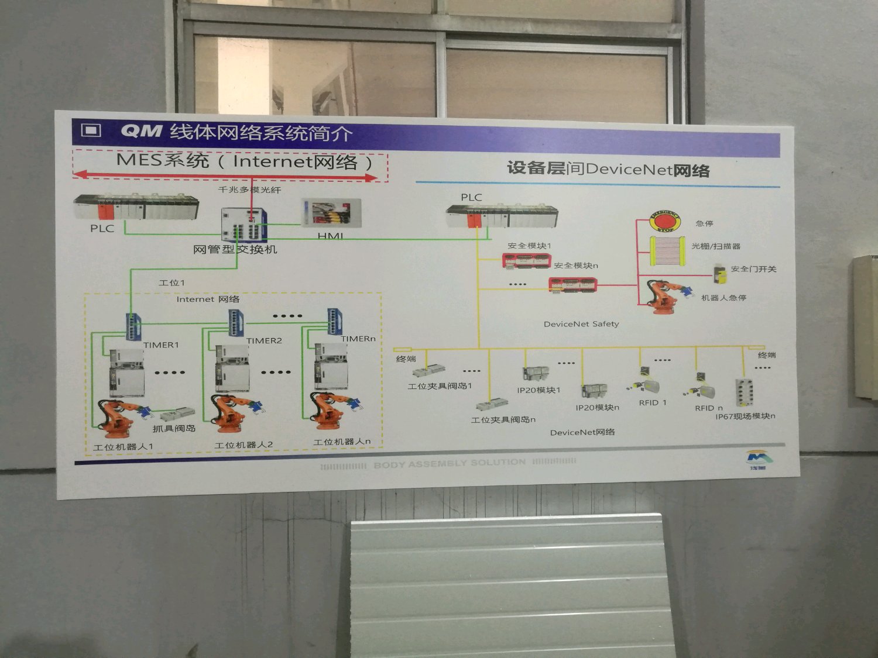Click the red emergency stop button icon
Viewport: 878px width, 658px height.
point(665,221)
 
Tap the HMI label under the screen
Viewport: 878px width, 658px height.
point(330,236)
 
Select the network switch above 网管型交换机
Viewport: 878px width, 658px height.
point(244,225)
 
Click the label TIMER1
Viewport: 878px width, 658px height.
point(161,345)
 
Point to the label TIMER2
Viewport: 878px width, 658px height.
point(264,340)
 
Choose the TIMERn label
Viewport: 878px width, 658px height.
point(358,339)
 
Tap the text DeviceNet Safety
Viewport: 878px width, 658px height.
point(581,324)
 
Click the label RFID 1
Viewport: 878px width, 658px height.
point(653,402)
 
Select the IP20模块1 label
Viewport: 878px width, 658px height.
point(539,390)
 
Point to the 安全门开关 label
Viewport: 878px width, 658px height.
point(753,269)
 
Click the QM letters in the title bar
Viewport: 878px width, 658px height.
point(141,130)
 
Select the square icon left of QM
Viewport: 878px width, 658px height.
point(91,130)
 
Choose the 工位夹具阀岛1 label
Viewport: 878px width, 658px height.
point(440,386)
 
